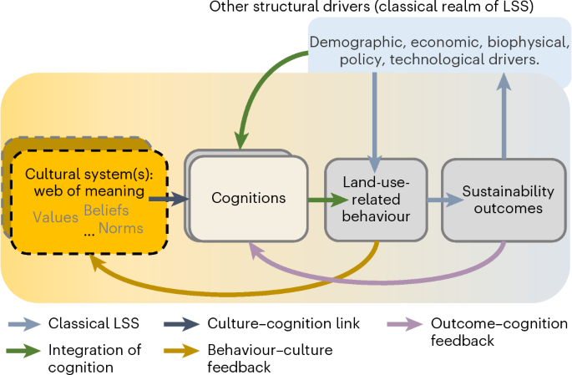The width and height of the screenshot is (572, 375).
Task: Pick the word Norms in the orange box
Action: [x=121, y=227]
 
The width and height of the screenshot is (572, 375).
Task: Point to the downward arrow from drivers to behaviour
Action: [x=375, y=117]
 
